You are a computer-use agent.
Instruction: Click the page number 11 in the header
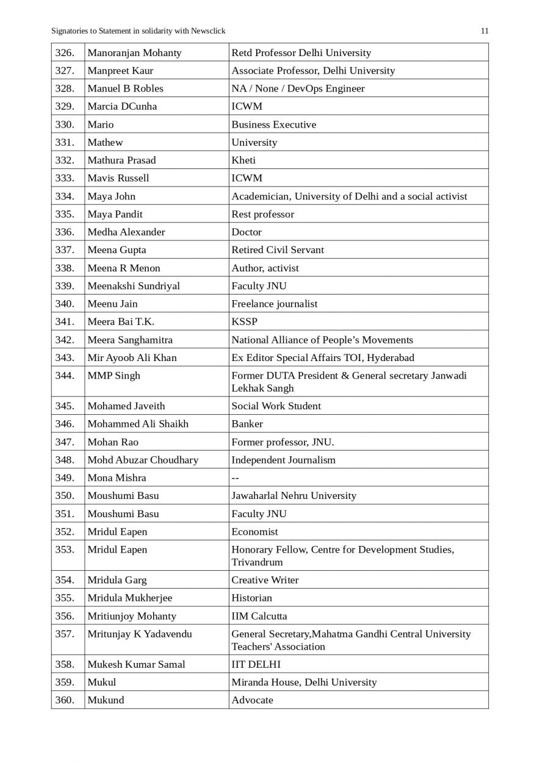[x=484, y=31]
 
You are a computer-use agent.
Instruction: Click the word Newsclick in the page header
[x=207, y=31]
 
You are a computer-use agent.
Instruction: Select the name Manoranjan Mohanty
[x=134, y=52]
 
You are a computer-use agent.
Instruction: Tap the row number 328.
[x=65, y=88]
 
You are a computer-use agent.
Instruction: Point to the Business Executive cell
[x=273, y=124]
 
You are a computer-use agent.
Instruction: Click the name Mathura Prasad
[x=121, y=160]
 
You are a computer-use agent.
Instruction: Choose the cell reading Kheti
[x=243, y=160]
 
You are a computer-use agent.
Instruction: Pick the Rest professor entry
[x=262, y=214]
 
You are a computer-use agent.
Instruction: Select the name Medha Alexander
[x=126, y=232]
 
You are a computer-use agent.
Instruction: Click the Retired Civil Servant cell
[x=278, y=250]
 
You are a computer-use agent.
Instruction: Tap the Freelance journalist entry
[x=274, y=304]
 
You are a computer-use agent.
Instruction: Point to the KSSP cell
[x=244, y=321]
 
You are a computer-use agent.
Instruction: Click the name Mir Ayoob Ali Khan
[x=132, y=357]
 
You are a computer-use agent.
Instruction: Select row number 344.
[x=65, y=376]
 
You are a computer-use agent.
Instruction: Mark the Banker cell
[x=247, y=424]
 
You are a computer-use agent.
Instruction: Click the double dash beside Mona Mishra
[x=235, y=478]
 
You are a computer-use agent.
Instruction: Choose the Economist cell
[x=254, y=532]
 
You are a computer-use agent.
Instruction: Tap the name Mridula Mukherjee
[x=129, y=598]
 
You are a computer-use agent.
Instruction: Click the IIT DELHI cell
[x=256, y=664]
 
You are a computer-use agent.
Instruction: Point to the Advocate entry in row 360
[x=252, y=700]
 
